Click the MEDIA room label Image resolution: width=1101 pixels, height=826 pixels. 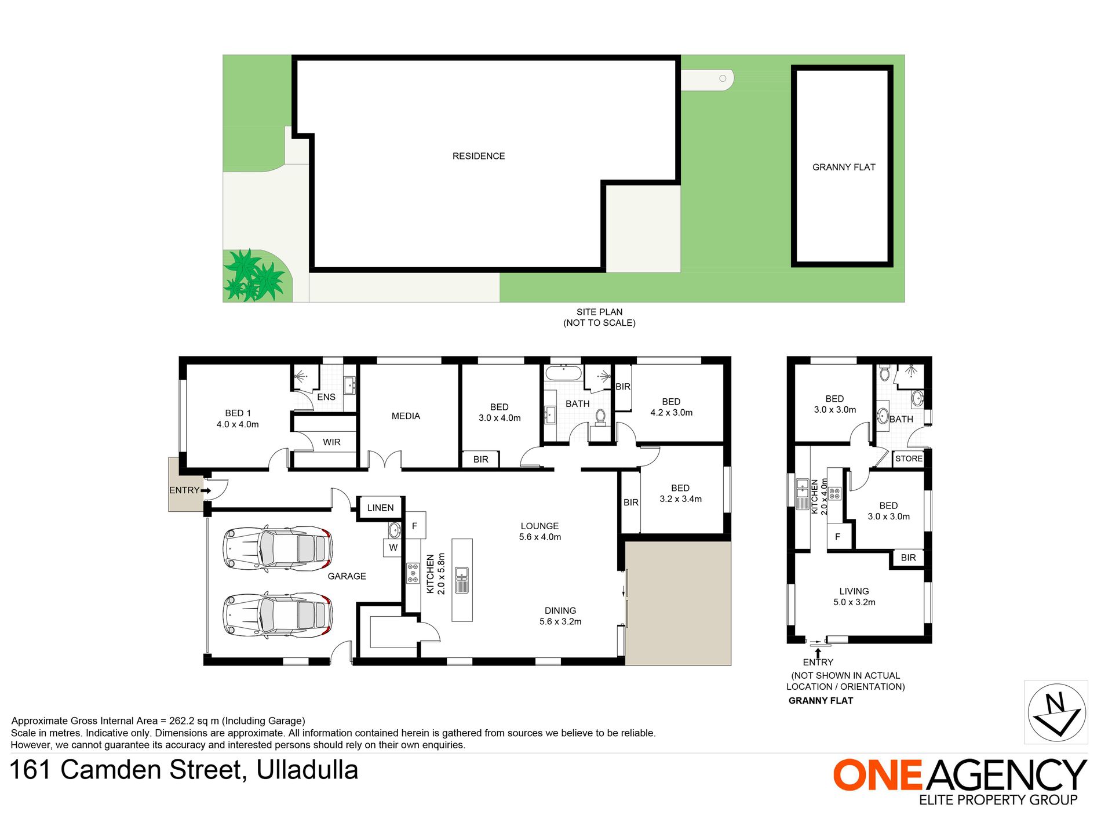(406, 416)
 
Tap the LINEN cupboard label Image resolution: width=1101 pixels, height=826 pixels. (380, 508)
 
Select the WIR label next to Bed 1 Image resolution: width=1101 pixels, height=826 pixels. (331, 442)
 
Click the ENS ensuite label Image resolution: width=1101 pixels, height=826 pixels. (326, 397)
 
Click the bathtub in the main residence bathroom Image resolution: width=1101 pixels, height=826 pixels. (563, 373)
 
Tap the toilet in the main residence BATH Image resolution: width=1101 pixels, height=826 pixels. (600, 417)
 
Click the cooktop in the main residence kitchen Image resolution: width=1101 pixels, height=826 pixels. (413, 573)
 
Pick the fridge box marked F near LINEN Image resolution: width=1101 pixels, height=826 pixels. (415, 526)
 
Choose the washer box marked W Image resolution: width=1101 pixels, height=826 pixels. (393, 548)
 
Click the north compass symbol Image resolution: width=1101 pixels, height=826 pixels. (1056, 712)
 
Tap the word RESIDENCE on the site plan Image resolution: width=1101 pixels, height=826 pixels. (479, 156)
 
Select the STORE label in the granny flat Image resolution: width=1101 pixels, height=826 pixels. (909, 459)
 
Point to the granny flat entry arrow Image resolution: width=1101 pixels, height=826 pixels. (818, 653)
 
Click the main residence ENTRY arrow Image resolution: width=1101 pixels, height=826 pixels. (206, 490)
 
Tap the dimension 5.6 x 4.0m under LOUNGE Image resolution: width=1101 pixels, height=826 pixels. (540, 537)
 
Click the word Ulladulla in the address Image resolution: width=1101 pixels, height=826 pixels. (307, 770)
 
